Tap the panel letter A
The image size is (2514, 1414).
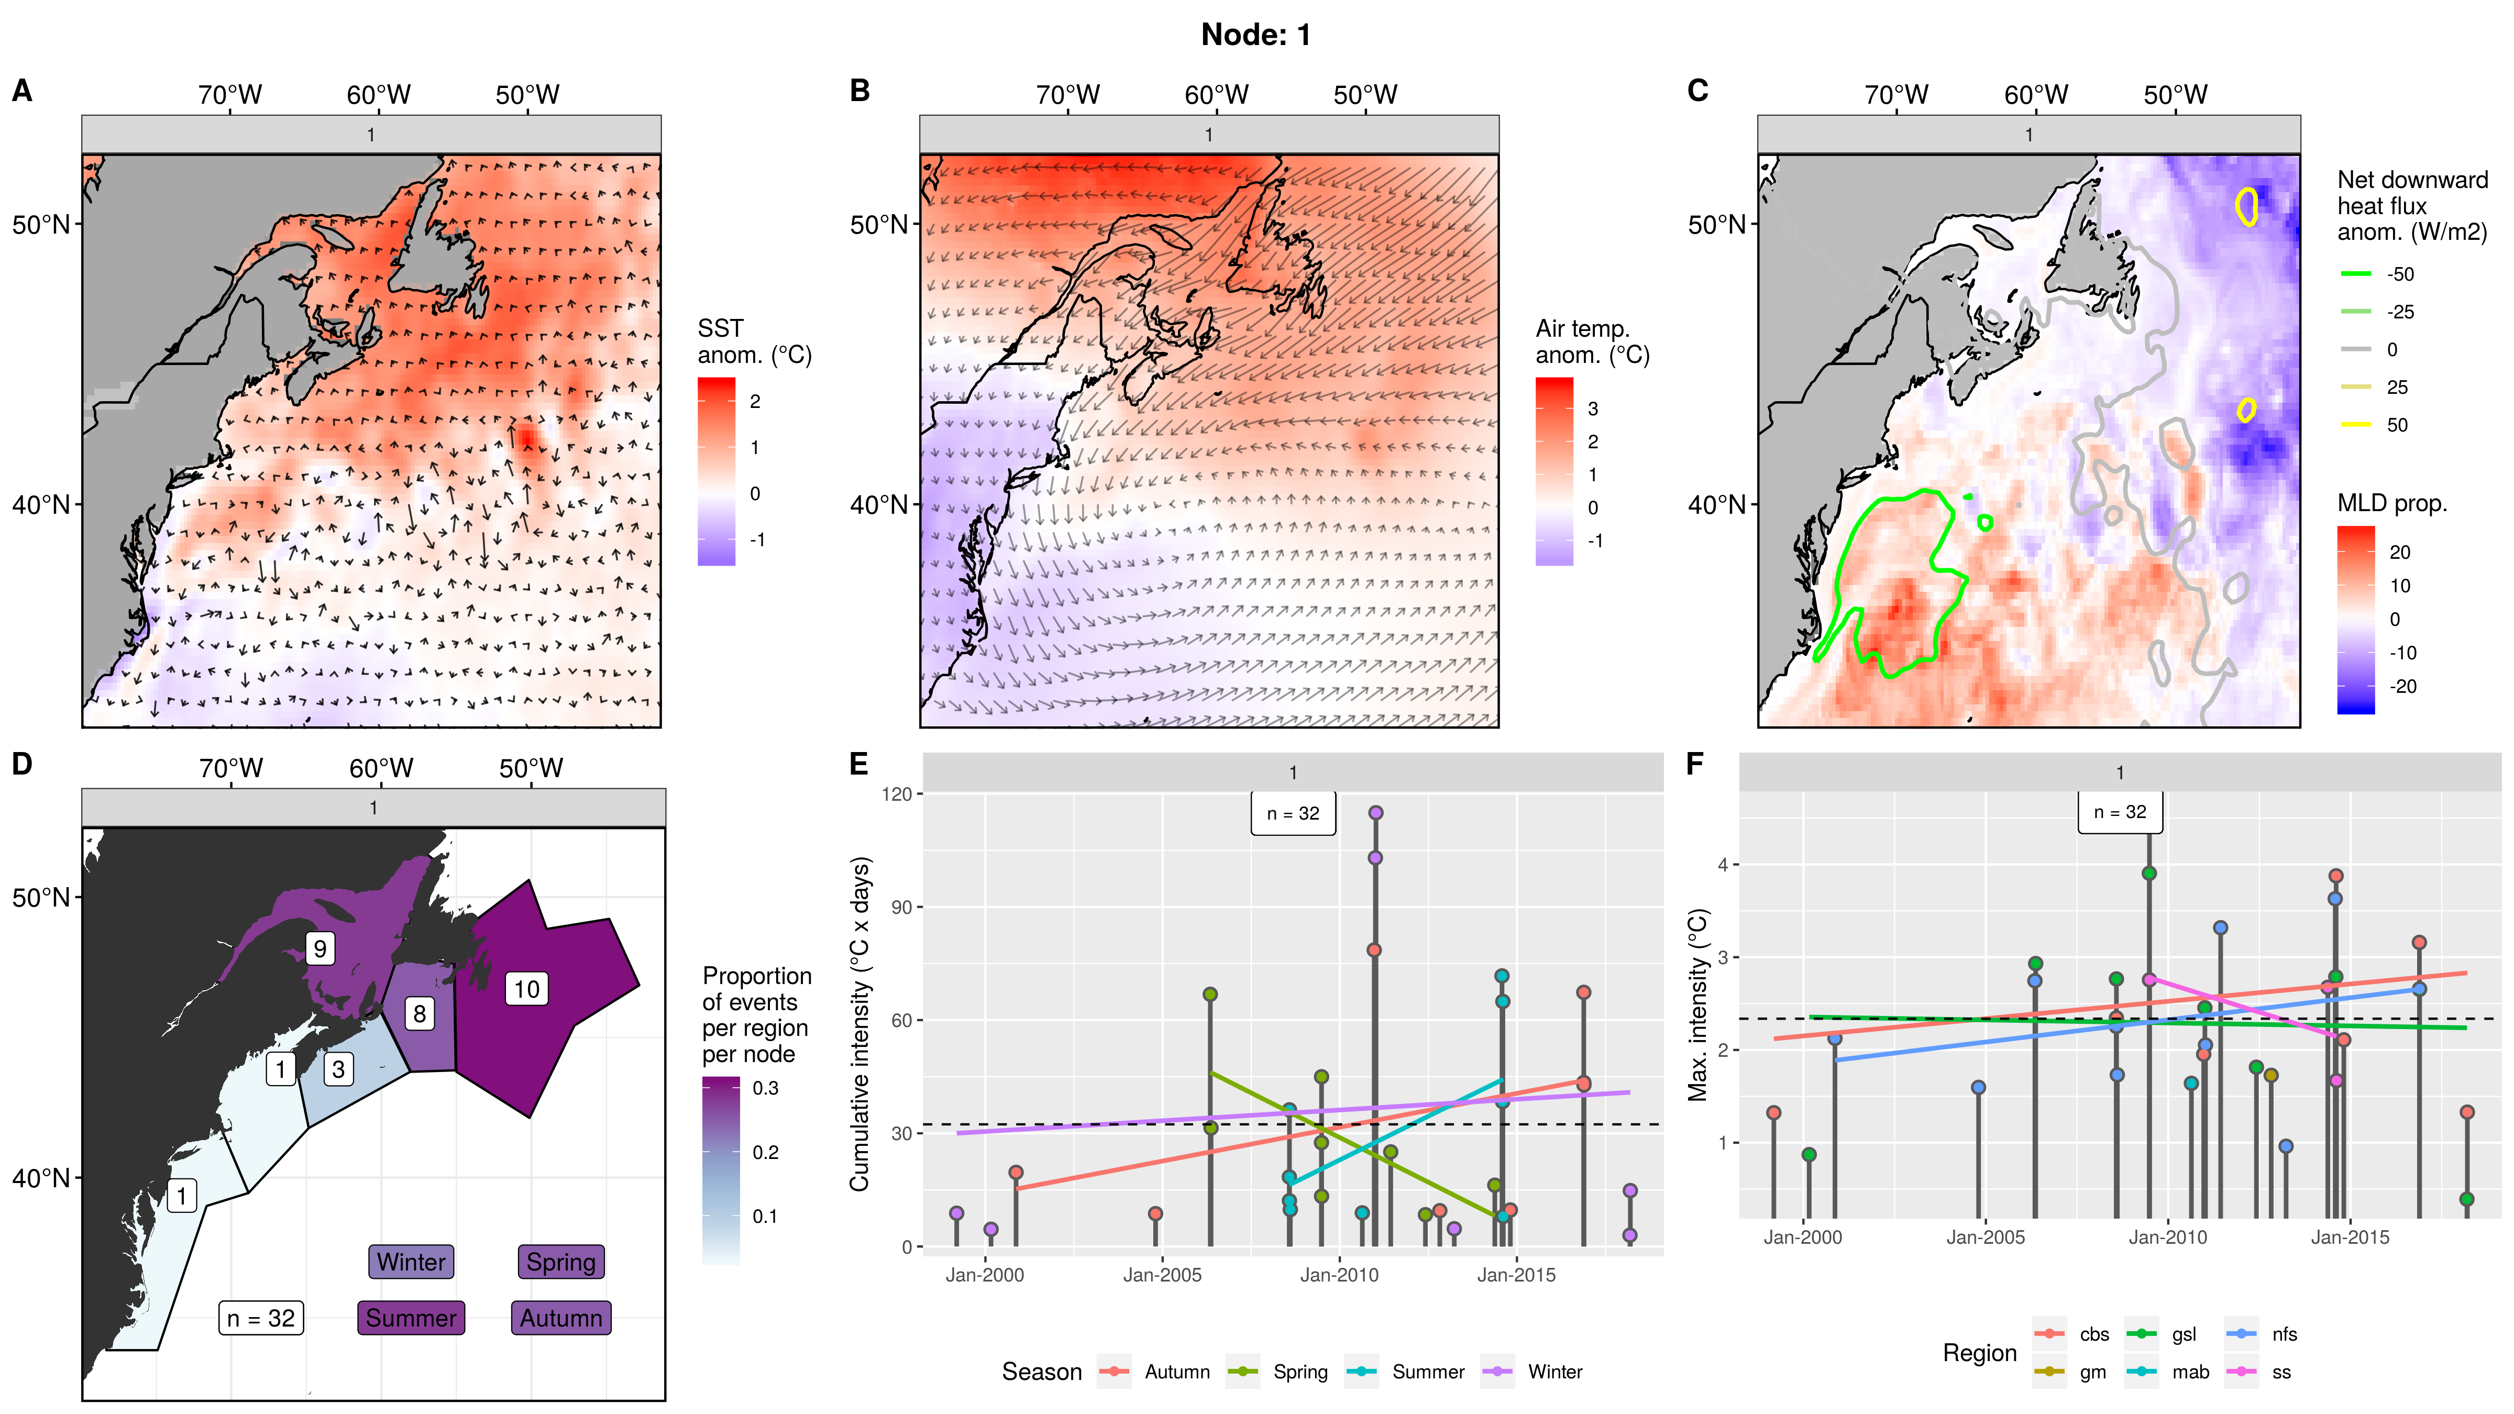pos(21,91)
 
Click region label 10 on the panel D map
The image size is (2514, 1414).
pos(526,989)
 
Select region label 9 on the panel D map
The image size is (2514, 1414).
pos(319,947)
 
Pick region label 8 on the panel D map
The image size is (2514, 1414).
pos(418,1013)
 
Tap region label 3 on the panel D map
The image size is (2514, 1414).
pos(338,1068)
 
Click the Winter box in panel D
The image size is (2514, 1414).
pos(411,1262)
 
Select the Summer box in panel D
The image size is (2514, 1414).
pos(410,1318)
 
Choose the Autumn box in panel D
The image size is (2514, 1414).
pos(560,1318)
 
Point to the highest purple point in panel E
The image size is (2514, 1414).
pos(1375,813)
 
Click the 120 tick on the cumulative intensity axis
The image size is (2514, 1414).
pos(896,794)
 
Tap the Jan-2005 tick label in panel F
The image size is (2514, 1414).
pos(1985,1238)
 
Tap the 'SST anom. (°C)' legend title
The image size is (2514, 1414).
pos(754,341)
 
